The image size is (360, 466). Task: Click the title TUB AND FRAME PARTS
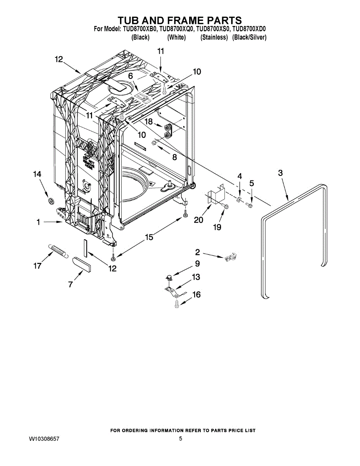(x=180, y=20)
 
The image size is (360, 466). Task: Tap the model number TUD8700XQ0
(x=176, y=29)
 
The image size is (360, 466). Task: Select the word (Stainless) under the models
(x=214, y=37)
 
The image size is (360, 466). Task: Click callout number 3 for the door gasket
(x=280, y=173)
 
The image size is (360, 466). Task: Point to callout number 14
(x=37, y=175)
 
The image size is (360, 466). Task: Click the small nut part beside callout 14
(x=50, y=201)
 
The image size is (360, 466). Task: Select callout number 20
(x=198, y=220)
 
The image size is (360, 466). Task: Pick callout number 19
(x=217, y=227)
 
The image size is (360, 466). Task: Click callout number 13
(x=196, y=277)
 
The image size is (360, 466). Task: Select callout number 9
(x=197, y=264)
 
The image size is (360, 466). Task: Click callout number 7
(x=70, y=285)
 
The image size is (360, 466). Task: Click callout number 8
(x=174, y=157)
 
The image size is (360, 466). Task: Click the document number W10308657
(x=44, y=438)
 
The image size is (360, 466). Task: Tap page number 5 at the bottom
(x=181, y=438)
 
